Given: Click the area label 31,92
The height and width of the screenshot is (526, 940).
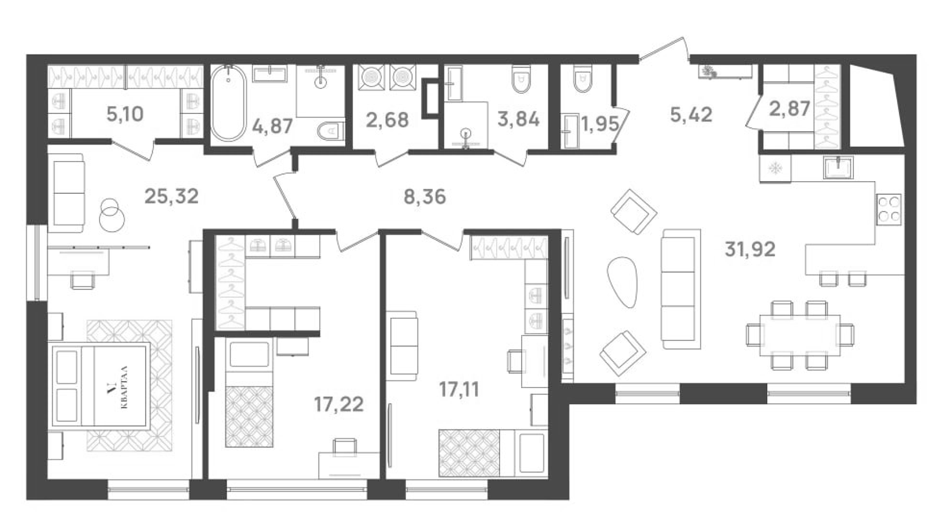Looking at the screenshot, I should tap(750, 250).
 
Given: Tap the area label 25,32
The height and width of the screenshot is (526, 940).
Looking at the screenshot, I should tap(171, 196).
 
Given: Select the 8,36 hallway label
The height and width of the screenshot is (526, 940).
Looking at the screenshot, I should tap(425, 197).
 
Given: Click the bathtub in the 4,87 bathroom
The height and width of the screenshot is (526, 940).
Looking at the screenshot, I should tap(228, 104).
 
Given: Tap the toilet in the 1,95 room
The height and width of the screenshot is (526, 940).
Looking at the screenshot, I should tap(582, 79).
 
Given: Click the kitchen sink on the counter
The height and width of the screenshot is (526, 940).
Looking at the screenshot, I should tap(839, 167).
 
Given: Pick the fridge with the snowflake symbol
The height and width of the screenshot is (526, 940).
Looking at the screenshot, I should tap(775, 168).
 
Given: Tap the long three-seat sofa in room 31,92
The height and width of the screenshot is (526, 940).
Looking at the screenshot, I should tap(680, 289).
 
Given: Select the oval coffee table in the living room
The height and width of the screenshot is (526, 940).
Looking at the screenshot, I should tap(622, 282).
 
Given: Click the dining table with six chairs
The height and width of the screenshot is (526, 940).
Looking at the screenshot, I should tap(800, 335).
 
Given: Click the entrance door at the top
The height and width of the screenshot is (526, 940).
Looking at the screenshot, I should tap(664, 50).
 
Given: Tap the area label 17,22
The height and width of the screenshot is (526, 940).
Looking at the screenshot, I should tap(338, 405).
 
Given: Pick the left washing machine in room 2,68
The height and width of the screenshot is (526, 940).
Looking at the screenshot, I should tap(370, 77).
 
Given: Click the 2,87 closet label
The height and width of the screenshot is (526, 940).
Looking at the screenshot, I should tap(789, 109).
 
